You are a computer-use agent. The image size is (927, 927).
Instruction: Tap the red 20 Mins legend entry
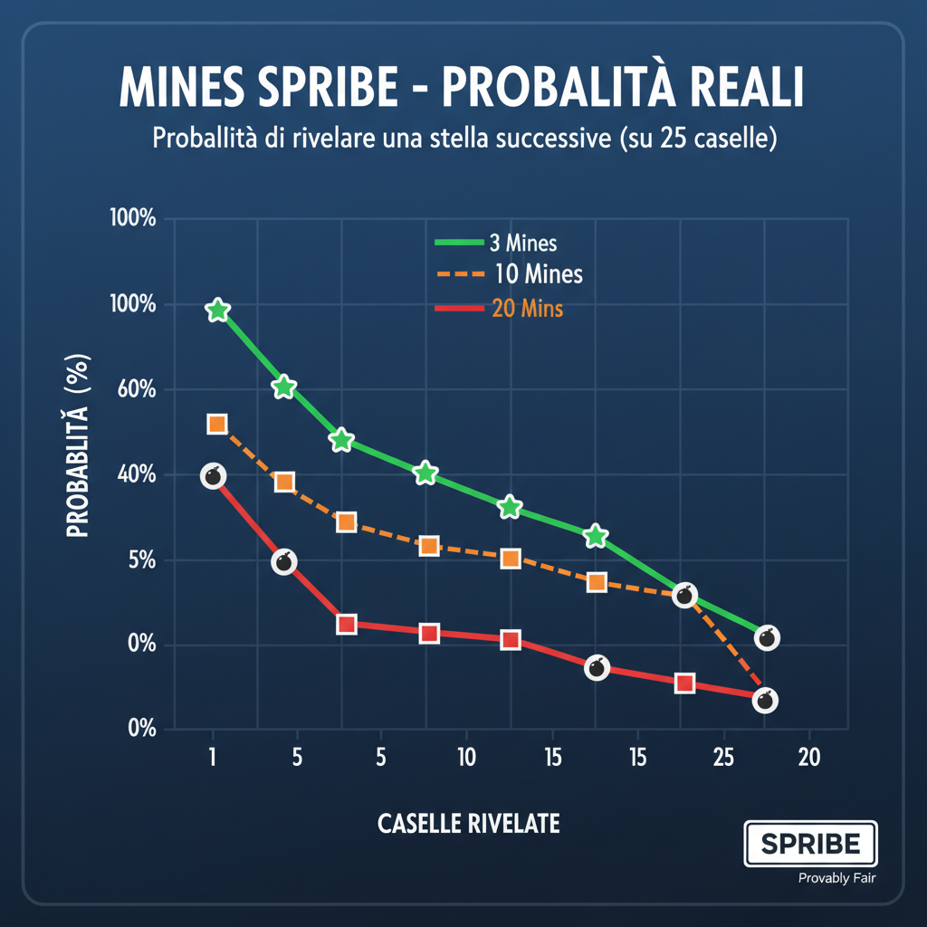499,309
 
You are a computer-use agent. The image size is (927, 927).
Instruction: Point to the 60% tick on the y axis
134,390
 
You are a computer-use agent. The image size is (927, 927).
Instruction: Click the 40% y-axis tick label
134,475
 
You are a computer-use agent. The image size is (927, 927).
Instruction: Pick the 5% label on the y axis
139,560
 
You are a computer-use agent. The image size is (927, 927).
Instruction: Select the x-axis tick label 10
466,758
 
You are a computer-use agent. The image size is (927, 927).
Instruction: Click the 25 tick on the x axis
723,758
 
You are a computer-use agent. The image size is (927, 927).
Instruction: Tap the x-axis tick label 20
808,758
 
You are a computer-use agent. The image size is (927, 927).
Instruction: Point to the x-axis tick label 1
212,758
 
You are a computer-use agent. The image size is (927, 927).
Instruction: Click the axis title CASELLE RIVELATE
468,824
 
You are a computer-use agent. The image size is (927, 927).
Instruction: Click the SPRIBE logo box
809,844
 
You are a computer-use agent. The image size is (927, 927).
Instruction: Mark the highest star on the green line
217,311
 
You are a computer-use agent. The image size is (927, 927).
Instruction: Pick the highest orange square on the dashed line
216,424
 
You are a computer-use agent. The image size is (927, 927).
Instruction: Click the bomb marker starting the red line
214,476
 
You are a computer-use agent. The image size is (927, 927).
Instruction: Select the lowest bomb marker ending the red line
765,700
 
